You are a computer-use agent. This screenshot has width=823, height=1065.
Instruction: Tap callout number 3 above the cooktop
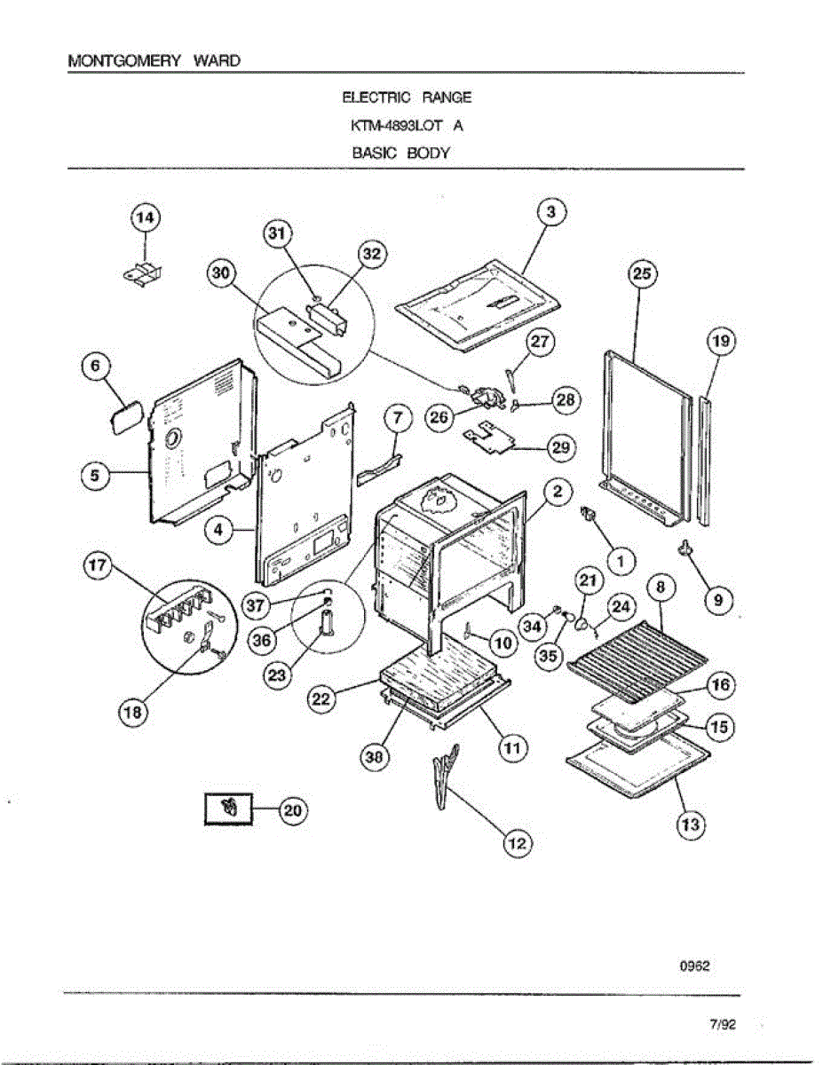551,213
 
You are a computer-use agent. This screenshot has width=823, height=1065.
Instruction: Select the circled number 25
642,275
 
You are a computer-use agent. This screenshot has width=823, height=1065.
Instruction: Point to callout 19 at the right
721,341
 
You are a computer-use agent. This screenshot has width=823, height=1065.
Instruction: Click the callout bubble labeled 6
97,367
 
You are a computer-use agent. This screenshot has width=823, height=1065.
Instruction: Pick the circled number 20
293,809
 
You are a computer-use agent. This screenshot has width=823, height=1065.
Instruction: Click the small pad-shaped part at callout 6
127,414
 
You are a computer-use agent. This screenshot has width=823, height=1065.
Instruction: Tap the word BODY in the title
430,153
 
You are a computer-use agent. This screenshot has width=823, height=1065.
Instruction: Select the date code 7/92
723,1025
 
